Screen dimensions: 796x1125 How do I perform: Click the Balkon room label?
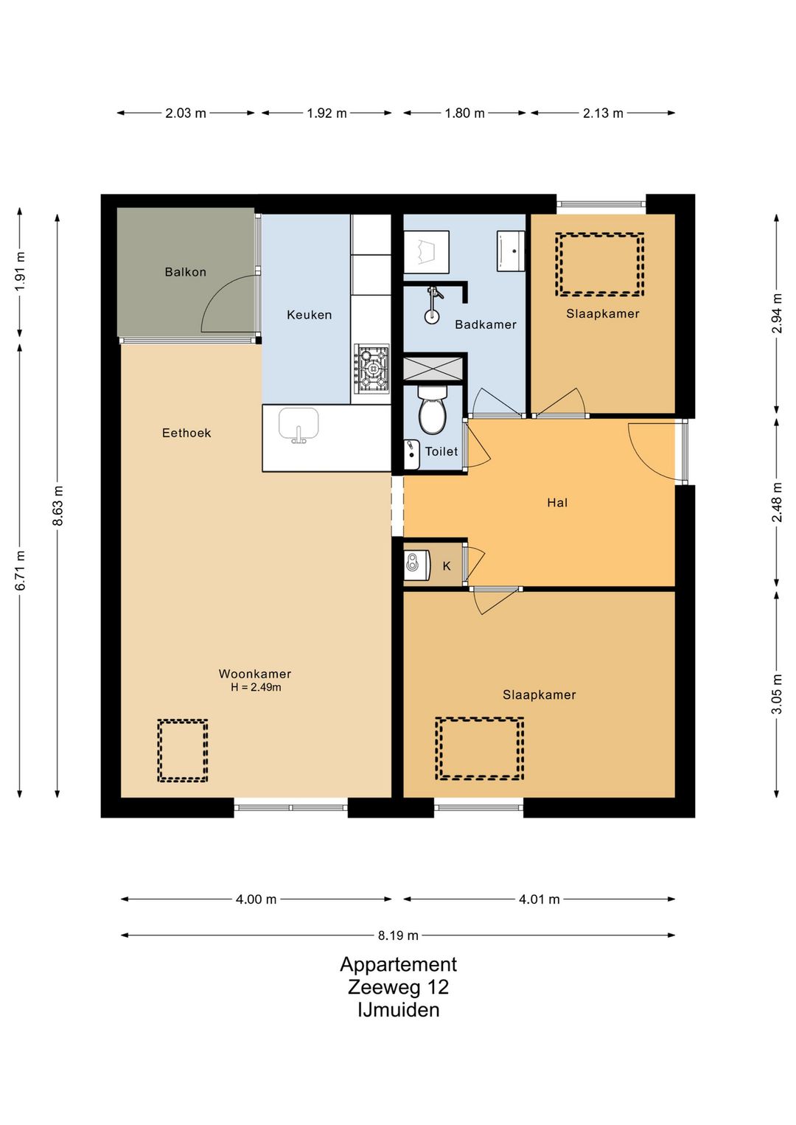(x=185, y=272)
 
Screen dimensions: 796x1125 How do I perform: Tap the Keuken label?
(x=310, y=315)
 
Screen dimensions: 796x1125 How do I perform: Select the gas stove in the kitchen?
(x=371, y=369)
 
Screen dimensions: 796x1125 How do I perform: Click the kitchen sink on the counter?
(x=298, y=425)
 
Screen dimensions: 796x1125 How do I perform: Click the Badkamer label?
(x=486, y=324)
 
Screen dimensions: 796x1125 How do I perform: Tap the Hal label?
(x=557, y=503)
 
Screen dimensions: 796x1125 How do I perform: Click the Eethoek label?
(x=186, y=433)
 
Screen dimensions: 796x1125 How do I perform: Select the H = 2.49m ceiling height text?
(x=256, y=687)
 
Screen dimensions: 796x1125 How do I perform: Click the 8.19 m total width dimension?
(x=398, y=935)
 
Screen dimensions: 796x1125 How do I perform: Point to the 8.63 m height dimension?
(x=57, y=505)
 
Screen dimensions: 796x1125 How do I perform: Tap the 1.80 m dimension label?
(x=464, y=113)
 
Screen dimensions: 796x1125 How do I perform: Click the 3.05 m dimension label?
(x=778, y=693)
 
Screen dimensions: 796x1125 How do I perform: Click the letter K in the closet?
(x=447, y=566)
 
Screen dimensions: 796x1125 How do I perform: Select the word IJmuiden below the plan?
(x=398, y=1010)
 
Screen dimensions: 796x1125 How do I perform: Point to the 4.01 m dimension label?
(x=539, y=899)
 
